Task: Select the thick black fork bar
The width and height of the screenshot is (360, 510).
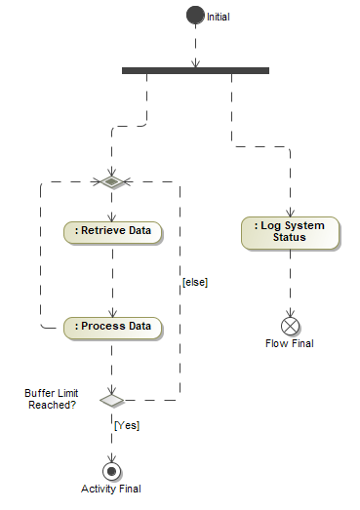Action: click(195, 70)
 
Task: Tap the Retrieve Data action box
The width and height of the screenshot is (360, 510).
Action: click(112, 231)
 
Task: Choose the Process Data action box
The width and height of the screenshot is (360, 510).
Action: click(112, 326)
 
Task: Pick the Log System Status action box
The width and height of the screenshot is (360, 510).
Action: click(290, 231)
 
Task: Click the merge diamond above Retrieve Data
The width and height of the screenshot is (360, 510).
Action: click(112, 181)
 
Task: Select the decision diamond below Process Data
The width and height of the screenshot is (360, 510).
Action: click(112, 400)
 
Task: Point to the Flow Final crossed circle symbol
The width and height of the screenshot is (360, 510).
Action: click(290, 325)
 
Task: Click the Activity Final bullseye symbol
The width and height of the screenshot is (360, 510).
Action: click(112, 470)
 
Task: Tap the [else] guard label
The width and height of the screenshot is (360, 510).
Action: click(195, 283)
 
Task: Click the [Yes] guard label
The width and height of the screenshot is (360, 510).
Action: click(127, 426)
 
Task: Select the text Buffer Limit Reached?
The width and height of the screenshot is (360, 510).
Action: click(51, 398)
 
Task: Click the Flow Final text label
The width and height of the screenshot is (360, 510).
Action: click(290, 343)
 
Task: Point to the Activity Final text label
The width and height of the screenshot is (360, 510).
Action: click(112, 490)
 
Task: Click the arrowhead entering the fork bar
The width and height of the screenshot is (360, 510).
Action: click(195, 62)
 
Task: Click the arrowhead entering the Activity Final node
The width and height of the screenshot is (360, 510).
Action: click(112, 457)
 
